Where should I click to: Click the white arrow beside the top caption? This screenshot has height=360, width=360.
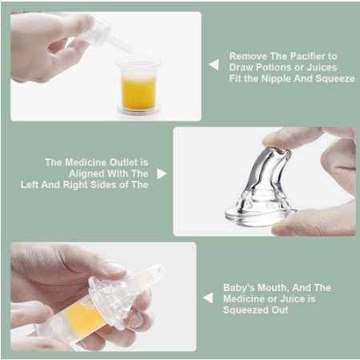point(214,65)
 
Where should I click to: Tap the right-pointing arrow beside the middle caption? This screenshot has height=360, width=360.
point(162,174)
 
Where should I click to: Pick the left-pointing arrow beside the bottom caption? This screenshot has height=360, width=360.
point(208,298)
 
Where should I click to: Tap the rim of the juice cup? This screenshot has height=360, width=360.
point(138,62)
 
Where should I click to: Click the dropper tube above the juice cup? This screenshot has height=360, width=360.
point(121,45)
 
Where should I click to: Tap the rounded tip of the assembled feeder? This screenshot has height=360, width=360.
point(159,270)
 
